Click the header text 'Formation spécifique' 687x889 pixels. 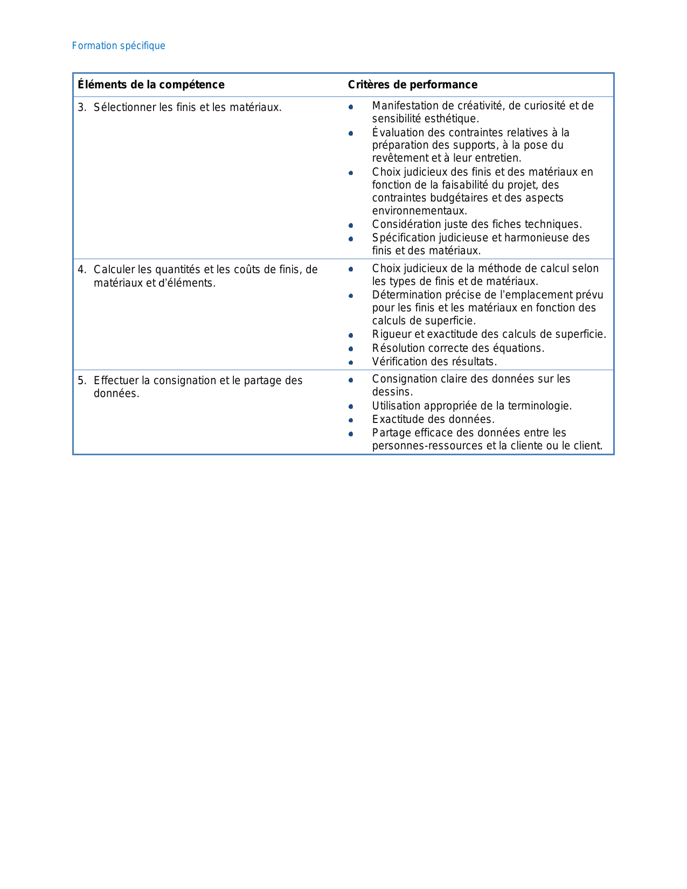pos(119,46)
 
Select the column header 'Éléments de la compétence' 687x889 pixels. pos(151,85)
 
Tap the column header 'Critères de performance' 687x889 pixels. pos(412,85)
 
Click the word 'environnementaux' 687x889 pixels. pos(419,211)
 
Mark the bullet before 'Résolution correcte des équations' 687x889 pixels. pos(351,349)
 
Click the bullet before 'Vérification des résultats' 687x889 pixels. pos(351,363)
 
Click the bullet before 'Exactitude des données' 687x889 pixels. pos(351,420)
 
